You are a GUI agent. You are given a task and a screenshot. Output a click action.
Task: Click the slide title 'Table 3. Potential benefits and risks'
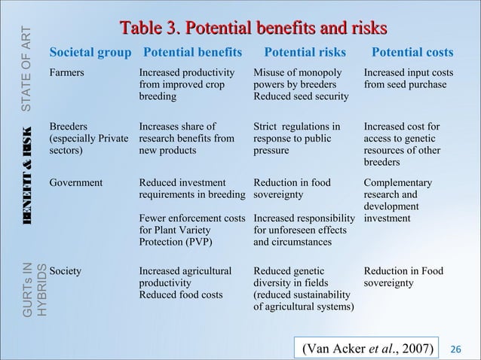pyautogui.click(x=252, y=29)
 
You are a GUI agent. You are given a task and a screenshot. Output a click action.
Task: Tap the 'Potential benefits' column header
pyautogui.click(x=193, y=53)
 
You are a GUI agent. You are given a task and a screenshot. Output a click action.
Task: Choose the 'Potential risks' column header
pyautogui.click(x=305, y=53)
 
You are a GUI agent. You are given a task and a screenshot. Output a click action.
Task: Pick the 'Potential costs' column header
pyautogui.click(x=412, y=53)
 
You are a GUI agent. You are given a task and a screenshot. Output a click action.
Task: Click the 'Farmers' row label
pyautogui.click(x=66, y=73)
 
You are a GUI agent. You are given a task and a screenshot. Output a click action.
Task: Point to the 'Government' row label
pyautogui.click(x=78, y=183)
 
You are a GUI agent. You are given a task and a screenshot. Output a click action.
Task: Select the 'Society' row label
pyautogui.click(x=66, y=269)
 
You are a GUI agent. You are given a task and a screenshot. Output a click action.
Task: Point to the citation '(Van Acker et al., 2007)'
pyautogui.click(x=367, y=348)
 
